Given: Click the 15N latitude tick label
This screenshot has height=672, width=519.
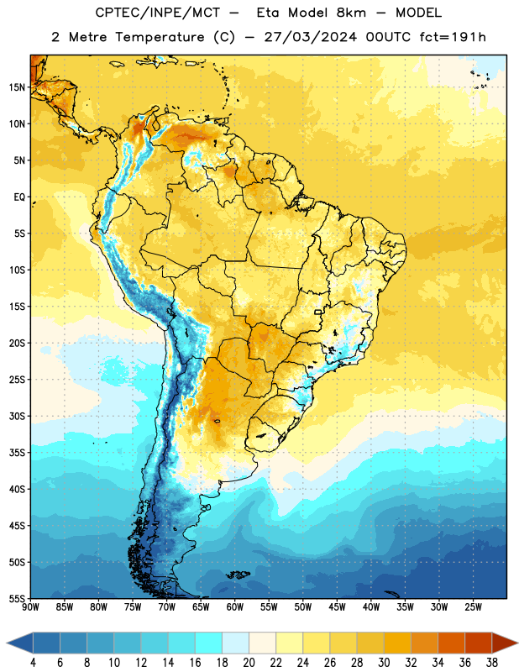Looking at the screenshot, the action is tap(17, 87).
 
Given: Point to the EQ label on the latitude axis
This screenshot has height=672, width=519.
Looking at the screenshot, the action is tap(19, 197).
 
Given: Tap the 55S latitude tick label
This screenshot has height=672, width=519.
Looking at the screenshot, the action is tap(17, 598).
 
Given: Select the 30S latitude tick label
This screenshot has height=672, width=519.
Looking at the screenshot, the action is tap(17, 416).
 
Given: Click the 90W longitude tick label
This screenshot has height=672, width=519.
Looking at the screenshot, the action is tap(30, 607).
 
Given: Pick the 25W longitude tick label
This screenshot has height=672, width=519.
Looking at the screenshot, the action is tap(473, 607).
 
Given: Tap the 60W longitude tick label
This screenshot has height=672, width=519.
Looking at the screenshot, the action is tap(235, 607).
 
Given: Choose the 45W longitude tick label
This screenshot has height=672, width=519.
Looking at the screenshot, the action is tap(337, 607).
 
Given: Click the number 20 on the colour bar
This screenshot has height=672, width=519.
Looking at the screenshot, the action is tap(249, 663).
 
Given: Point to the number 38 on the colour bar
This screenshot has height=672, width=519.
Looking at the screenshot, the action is tap(492, 663).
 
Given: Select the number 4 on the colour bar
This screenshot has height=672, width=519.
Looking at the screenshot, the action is tap(33, 663).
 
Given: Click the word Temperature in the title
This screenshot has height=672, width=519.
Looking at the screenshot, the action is tap(160, 37).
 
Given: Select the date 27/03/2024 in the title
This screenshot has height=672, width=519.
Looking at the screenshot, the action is tap(310, 37).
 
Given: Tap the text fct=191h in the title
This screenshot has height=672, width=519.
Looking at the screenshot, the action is tap(453, 37).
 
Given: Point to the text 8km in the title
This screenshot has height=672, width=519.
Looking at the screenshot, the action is tap(351, 13).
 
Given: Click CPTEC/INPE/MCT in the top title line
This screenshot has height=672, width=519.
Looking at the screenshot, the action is tap(157, 13).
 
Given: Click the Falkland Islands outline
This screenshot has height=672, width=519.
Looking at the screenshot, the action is tap(238, 575).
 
